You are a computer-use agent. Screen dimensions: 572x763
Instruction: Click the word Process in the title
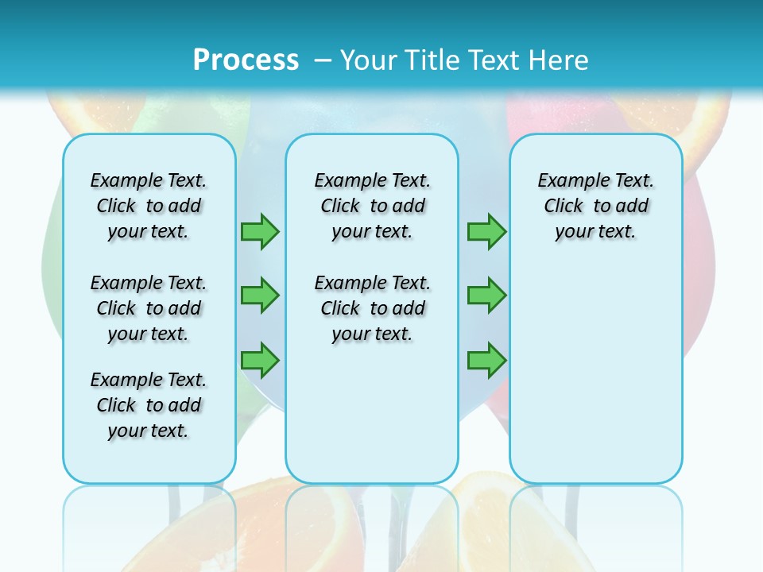point(246,60)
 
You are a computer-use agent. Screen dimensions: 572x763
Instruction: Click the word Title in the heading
point(434,60)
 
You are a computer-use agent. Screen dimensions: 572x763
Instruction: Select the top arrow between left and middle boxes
point(260,231)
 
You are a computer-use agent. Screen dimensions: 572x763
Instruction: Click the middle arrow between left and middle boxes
point(260,296)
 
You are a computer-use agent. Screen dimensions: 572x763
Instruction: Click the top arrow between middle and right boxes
point(486,231)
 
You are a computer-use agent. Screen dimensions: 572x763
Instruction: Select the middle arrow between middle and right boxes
point(486,296)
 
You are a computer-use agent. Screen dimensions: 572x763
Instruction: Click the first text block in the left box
point(149,206)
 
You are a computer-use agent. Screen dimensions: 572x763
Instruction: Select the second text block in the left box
point(149,308)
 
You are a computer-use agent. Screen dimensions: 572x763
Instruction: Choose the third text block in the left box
point(149,405)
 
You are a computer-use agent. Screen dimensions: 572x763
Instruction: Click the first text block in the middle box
point(372,206)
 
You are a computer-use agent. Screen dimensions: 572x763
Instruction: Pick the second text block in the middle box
point(372,308)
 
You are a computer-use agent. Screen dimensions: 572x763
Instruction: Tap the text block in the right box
point(595,206)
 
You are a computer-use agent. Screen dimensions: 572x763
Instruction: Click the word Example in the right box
point(567,181)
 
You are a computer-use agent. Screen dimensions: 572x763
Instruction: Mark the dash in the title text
point(323,60)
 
